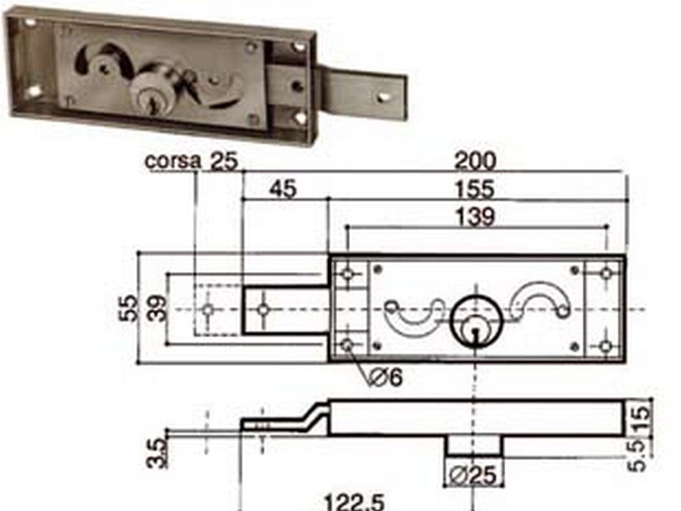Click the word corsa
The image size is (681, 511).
173,162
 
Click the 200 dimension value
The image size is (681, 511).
476,161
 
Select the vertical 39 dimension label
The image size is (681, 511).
158,309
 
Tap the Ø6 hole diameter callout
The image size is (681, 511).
385,376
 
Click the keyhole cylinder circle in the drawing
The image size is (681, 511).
476,320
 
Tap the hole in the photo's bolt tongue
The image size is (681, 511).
385,96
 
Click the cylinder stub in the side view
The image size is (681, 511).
474,446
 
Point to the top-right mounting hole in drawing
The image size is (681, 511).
605,273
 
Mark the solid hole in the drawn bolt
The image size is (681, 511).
263,310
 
